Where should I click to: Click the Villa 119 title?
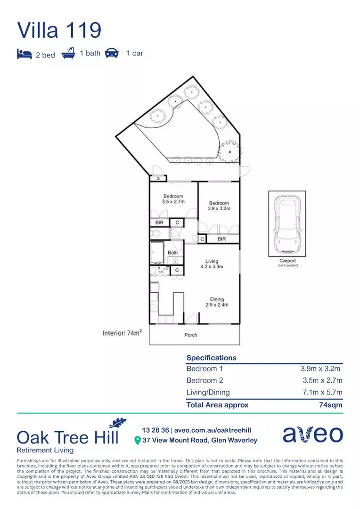click(x=59, y=30)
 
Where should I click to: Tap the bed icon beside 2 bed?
click(x=24, y=54)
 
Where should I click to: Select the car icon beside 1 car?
click(x=112, y=53)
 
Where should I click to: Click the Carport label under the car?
click(x=287, y=261)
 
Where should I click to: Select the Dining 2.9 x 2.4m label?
click(x=217, y=302)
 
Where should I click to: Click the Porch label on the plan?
click(x=191, y=335)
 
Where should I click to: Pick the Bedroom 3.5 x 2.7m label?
click(x=173, y=199)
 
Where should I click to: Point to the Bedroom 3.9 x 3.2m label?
click(x=219, y=206)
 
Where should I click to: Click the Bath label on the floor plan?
click(x=173, y=253)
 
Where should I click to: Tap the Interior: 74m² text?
click(x=123, y=333)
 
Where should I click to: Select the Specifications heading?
click(x=211, y=358)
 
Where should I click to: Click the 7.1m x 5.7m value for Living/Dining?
click(x=322, y=392)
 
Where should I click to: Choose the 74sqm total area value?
click(x=330, y=404)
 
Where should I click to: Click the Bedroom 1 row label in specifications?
click(x=205, y=369)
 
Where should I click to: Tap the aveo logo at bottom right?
click(x=312, y=435)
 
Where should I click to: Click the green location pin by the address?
click(x=138, y=440)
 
